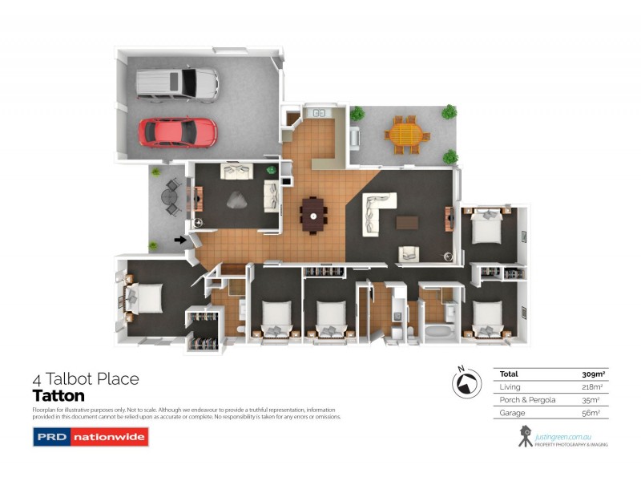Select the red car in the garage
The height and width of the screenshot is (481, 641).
(x=177, y=132)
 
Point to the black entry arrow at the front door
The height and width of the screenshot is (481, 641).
(x=181, y=239)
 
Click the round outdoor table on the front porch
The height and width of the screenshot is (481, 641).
(x=170, y=196)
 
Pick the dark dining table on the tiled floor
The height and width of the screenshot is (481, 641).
(x=313, y=214)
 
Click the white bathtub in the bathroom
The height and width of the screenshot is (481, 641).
(x=440, y=331)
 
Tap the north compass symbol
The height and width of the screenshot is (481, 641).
(x=463, y=385)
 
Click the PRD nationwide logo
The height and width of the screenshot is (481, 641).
(x=79, y=437)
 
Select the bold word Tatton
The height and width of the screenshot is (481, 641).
(x=58, y=395)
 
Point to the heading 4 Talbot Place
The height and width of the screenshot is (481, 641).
(x=86, y=378)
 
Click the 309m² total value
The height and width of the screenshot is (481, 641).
(x=592, y=374)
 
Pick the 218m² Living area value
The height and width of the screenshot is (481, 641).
(x=592, y=387)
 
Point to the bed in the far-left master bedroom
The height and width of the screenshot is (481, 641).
(x=143, y=297)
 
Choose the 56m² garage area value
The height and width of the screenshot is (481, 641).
(x=594, y=413)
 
